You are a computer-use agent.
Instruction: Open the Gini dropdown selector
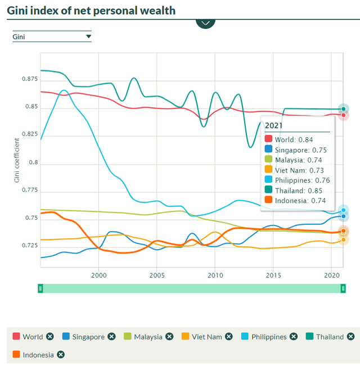point(52,37)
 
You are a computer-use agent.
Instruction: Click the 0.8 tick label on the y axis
point(31,163)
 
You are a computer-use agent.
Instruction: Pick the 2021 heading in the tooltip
point(274,125)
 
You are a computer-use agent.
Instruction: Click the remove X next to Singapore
point(111,337)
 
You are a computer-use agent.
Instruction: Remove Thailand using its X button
point(351,337)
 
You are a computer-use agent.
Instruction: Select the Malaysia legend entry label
point(148,337)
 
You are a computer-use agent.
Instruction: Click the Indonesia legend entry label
point(38,355)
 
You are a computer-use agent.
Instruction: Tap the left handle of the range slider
point(40,288)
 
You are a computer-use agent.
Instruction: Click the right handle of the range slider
point(343,288)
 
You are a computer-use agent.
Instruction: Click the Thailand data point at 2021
point(343,109)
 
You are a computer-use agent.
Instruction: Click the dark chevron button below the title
point(205,23)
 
